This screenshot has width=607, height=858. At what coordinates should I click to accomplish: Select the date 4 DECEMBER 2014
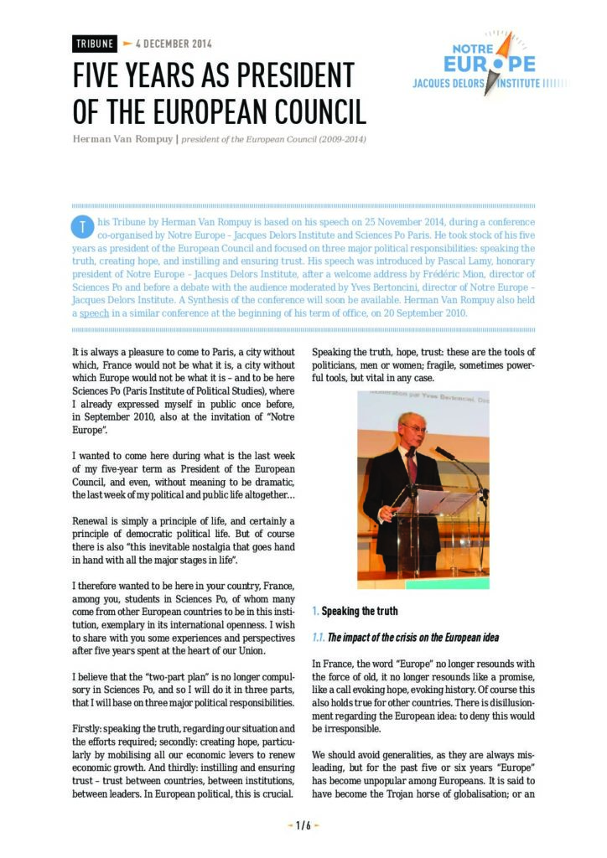174,44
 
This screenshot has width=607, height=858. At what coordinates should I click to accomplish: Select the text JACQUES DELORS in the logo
454,84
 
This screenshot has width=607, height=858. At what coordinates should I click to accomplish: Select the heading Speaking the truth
360,611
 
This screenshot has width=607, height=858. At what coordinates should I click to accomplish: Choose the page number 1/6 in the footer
303,825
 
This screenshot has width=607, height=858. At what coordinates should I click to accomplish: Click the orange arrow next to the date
127,43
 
